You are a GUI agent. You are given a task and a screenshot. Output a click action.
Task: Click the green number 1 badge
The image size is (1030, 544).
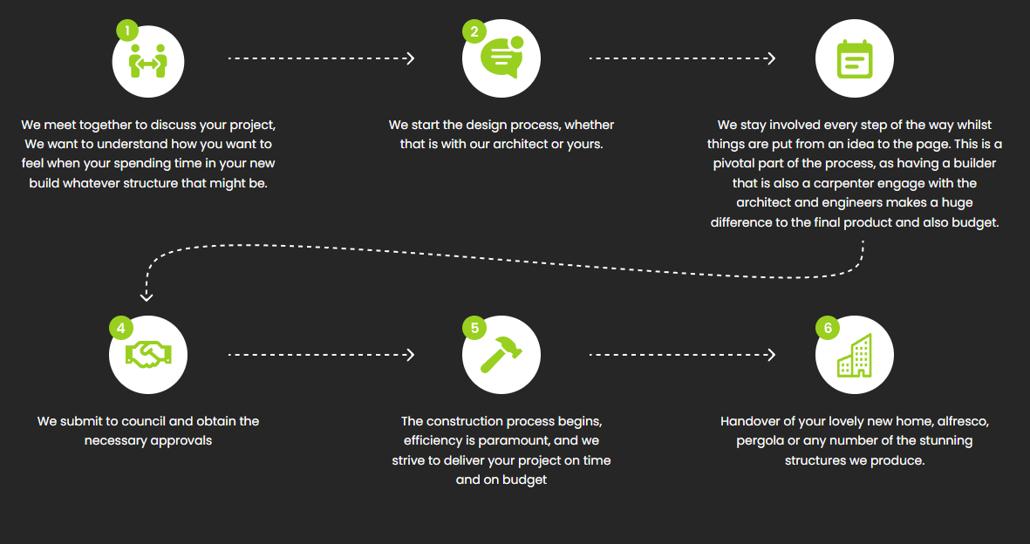coord(126,31)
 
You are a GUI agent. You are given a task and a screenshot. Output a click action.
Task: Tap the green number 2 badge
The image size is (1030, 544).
coord(474,31)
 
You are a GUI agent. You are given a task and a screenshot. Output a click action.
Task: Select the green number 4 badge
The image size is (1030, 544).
coord(121,327)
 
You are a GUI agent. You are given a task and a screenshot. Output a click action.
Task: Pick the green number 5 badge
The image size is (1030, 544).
coord(474,327)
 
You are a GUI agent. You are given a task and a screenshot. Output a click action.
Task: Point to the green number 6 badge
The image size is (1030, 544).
coord(828,327)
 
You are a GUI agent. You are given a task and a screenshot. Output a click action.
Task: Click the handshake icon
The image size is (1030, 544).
coord(147,355)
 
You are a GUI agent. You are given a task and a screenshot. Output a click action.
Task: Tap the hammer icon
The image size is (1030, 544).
coord(501,355)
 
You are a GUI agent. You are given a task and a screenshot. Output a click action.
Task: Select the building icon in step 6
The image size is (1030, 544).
coord(855,356)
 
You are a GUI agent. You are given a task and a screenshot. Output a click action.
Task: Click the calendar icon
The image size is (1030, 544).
coord(855,59)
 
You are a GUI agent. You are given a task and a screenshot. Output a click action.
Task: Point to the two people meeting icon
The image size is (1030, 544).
coord(147,60)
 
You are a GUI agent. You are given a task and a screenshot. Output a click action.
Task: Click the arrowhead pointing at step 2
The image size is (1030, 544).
coord(411,58)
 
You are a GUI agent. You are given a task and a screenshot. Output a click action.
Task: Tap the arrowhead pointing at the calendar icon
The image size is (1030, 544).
coord(771,58)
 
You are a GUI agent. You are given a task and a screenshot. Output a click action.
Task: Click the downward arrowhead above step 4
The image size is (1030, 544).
coord(147,297)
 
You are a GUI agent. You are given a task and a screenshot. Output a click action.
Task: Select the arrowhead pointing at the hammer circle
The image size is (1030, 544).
coord(411,355)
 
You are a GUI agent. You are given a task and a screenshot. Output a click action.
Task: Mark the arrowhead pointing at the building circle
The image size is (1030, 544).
coord(771,355)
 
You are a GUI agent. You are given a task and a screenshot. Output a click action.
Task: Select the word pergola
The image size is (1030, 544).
coord(760,441)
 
